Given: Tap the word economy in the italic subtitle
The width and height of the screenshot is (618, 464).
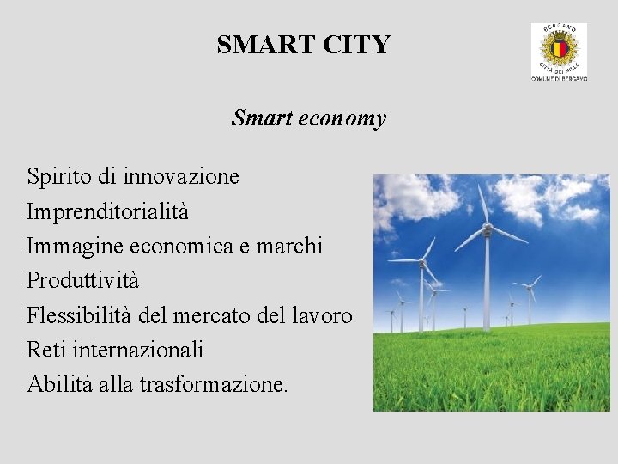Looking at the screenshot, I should point(343,119).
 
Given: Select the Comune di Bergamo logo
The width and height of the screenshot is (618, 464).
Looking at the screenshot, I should point(559,52).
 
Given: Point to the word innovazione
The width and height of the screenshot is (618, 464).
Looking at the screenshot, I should point(181,177).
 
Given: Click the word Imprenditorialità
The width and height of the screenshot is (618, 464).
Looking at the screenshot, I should point(108,211).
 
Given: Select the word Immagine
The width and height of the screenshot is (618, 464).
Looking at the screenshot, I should point(76,246).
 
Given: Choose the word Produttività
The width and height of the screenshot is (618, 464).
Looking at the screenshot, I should point(82,281).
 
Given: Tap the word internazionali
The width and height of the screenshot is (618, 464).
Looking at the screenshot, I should point(139,350).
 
